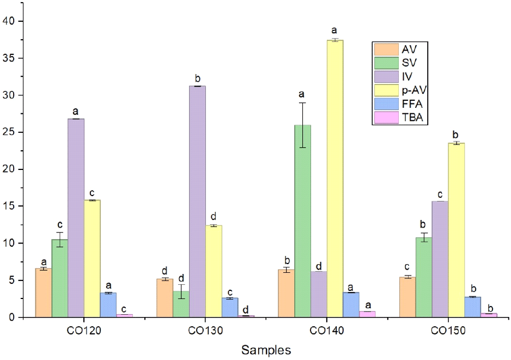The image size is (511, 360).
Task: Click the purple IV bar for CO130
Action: pyautogui.click(x=197, y=202)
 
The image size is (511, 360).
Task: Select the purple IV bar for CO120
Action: pyautogui.click(x=76, y=218)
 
